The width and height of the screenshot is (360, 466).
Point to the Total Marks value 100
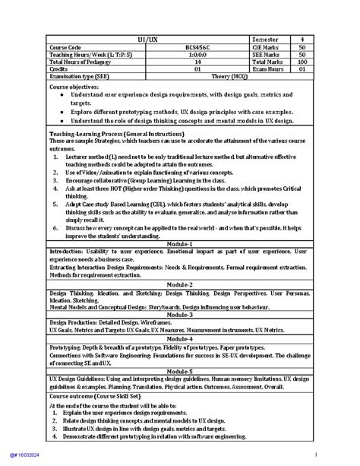coord(302,61)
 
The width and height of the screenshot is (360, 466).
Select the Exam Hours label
coord(268,68)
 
